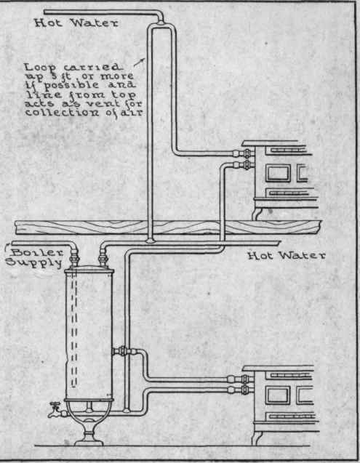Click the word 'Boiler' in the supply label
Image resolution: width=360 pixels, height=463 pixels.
pos(38,253)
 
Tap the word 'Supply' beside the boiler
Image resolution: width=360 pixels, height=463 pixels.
pos(34,262)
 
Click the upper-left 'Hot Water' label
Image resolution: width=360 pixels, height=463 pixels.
pos(76,23)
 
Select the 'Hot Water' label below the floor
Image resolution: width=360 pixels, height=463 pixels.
pos(287,255)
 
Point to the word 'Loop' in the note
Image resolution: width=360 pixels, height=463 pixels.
pos(39,68)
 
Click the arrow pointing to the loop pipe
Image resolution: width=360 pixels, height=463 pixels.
pos(140,63)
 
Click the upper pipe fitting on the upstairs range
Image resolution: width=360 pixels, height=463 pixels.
pos(244,153)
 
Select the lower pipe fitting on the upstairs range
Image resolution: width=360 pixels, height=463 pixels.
pos(244,165)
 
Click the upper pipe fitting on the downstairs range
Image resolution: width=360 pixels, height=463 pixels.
pos(240,379)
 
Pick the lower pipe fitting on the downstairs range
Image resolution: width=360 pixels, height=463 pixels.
pos(240,390)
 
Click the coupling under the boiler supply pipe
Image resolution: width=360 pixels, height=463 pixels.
pos(74,258)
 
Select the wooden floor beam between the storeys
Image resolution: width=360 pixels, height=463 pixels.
pos(169,228)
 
